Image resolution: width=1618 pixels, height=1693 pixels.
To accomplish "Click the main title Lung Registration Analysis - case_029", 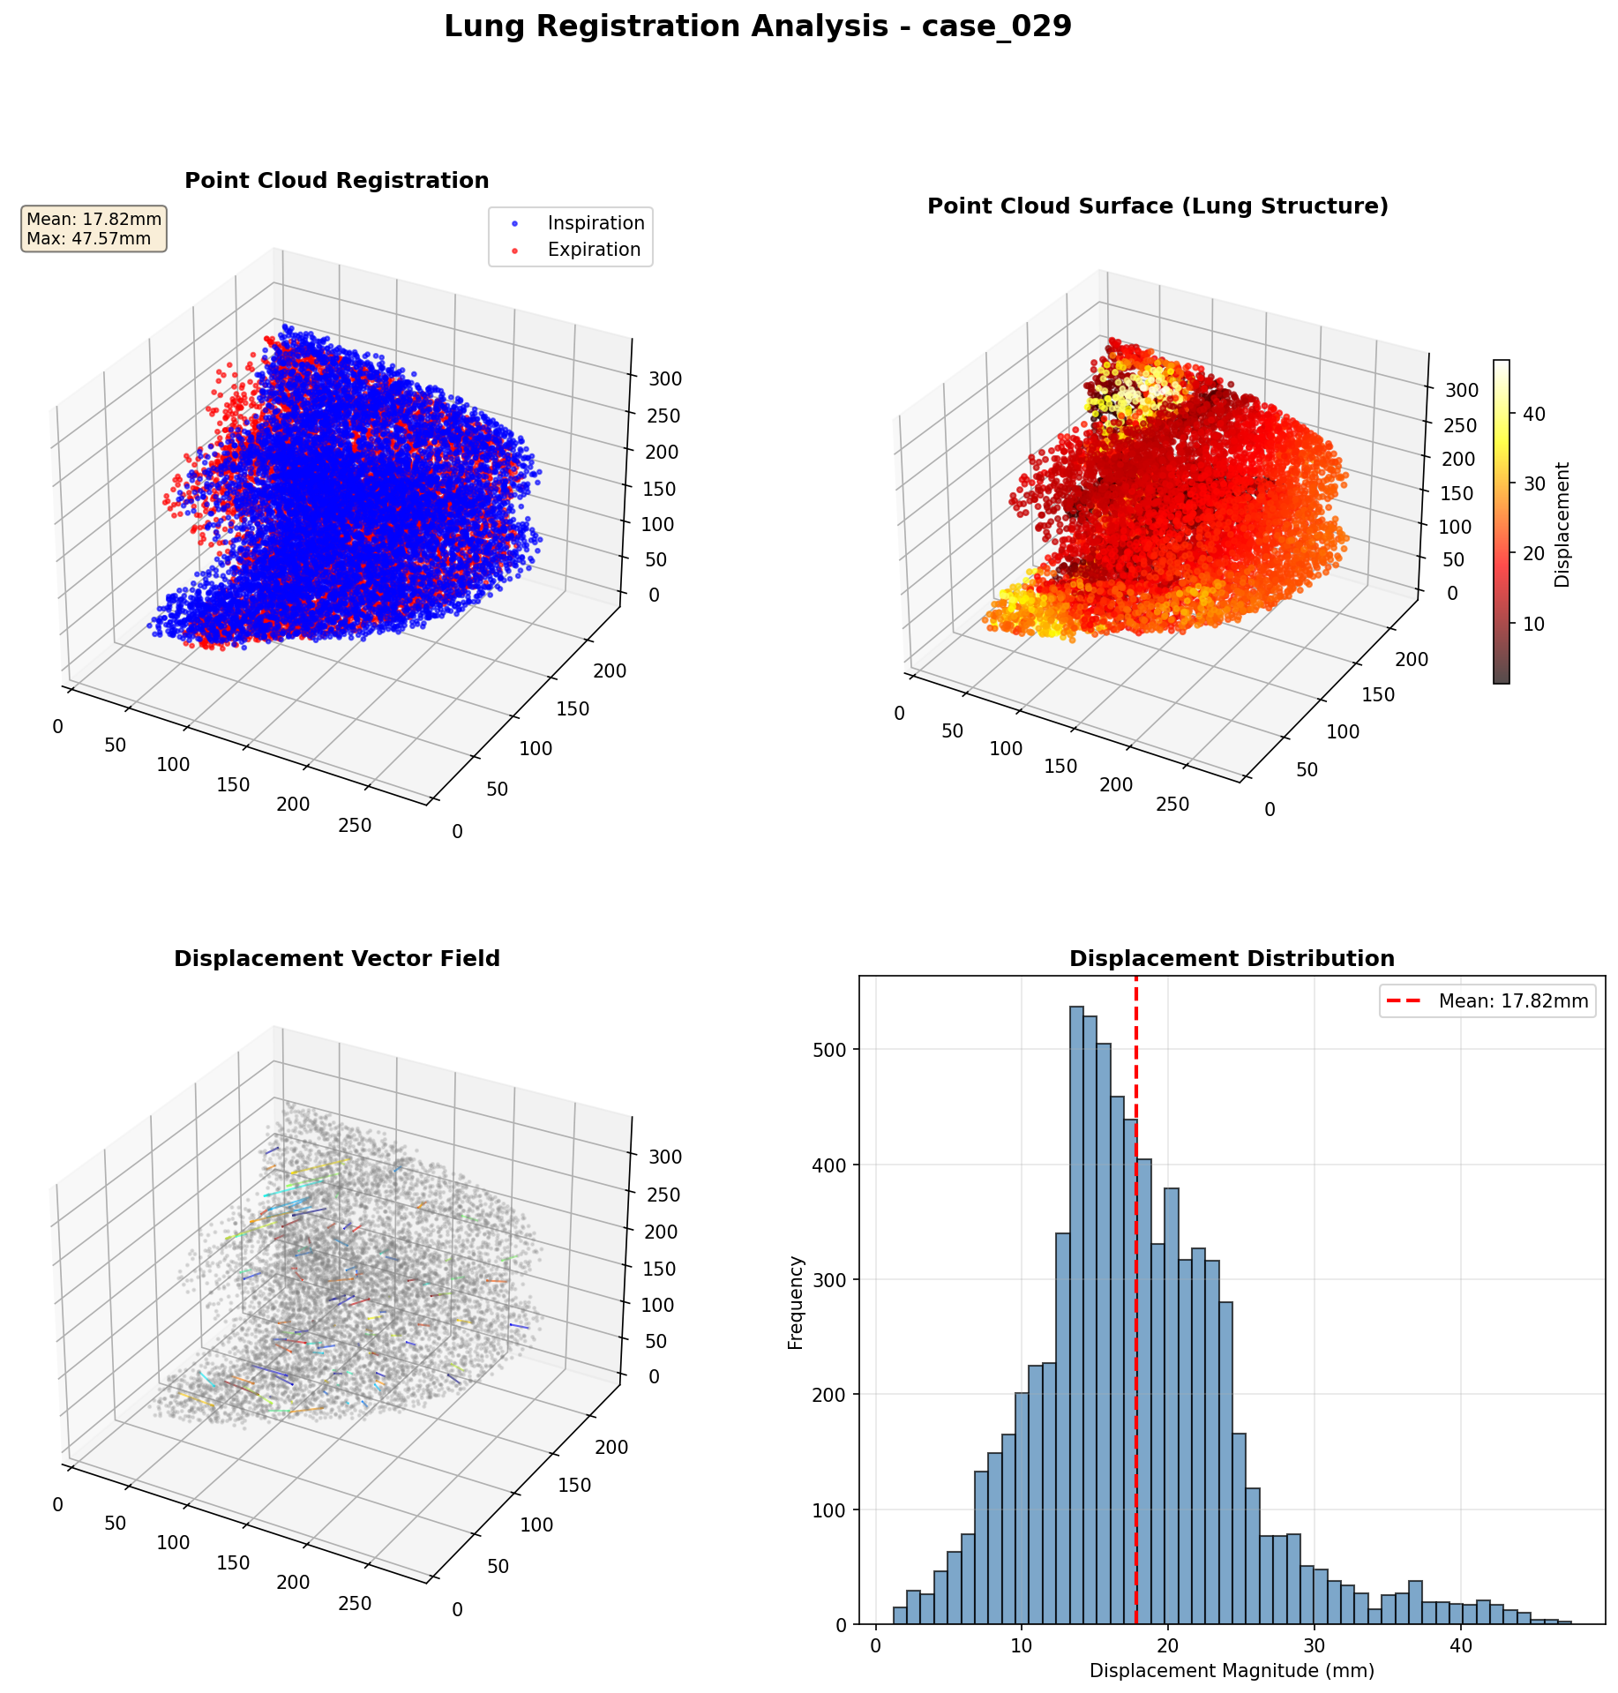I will coord(757,27).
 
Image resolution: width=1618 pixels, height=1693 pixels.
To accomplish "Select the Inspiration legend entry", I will coord(596,223).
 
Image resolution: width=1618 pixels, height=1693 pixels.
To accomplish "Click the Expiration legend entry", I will coord(593,250).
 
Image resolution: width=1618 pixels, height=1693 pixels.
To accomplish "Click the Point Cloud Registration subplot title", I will coord(336,181).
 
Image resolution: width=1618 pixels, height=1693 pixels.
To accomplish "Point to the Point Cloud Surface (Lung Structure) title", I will coord(1157,206).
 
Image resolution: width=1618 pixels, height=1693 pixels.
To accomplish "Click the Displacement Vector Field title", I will coord(336,959).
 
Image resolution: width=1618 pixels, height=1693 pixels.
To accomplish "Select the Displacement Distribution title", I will coord(1232,959).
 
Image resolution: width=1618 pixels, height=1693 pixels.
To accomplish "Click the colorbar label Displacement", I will coord(1562,524).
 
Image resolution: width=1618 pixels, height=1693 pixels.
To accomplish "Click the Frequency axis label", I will coord(796,1302).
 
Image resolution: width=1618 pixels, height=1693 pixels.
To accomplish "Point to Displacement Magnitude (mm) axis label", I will coord(1232,1671).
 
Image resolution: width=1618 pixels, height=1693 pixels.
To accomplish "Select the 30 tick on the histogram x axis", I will coord(1314,1646).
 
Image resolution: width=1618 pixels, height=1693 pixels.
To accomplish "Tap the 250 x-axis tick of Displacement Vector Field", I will coord(355,1603).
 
